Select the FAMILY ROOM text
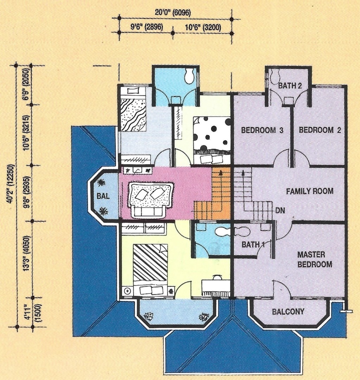310,191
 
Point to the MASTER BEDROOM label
315,259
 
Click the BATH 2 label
290,85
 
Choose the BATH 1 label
253,245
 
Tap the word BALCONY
288,311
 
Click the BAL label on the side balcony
103,196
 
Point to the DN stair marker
280,210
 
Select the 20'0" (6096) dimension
173,13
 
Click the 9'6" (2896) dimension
147,27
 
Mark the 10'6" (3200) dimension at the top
203,27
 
